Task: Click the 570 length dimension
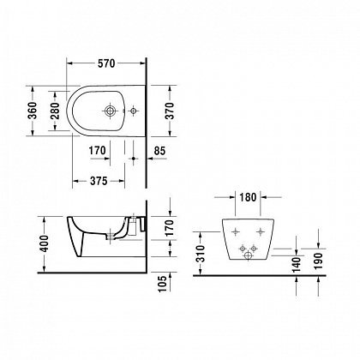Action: [105, 63]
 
